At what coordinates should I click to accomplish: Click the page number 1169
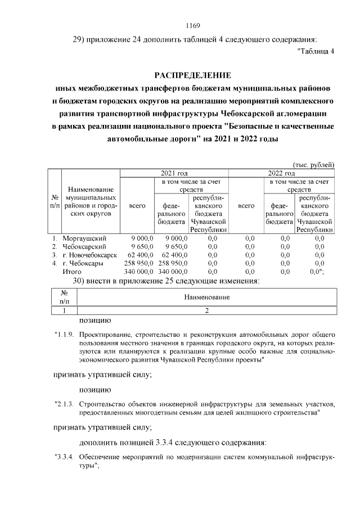tap(193, 25)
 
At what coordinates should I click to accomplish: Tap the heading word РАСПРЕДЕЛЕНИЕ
tap(193, 75)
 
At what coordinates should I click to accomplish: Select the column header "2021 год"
tap(174, 173)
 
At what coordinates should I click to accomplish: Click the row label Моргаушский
tap(84, 238)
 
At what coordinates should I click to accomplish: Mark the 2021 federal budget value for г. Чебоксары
tap(173, 263)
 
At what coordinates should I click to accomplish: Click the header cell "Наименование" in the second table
tap(207, 296)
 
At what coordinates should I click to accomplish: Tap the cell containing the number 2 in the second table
tap(207, 310)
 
